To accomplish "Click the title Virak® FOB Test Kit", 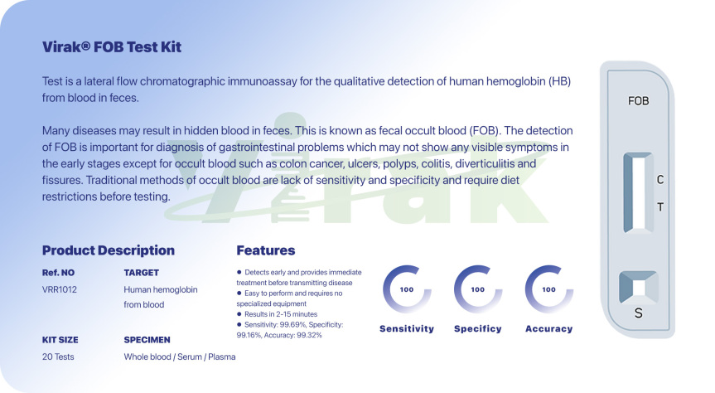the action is (x=112, y=47).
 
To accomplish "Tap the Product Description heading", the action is (x=109, y=250).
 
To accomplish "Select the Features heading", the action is (x=266, y=250).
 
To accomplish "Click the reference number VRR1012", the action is (x=60, y=289).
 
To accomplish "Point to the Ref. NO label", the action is (x=58, y=273).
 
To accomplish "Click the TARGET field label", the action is (x=142, y=273).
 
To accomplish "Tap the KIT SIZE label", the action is (x=60, y=340).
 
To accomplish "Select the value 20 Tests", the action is (x=58, y=357).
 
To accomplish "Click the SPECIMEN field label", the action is (x=147, y=340).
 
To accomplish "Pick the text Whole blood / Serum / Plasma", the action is (x=180, y=357).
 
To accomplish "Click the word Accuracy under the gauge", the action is (x=549, y=328).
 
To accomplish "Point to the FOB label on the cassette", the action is (x=639, y=101).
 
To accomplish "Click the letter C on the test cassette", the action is (x=659, y=180).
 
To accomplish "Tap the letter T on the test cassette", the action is (x=659, y=207).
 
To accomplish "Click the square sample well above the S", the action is (x=639, y=288).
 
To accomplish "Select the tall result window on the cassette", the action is (x=639, y=193).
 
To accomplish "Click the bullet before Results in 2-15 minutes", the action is (x=239, y=314).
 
